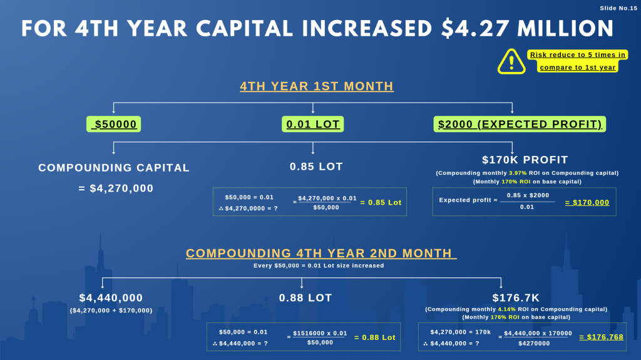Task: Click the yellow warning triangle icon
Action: (x=511, y=61)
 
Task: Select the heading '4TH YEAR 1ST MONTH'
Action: (x=317, y=86)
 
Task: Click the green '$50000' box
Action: (x=113, y=124)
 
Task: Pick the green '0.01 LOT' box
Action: (x=313, y=124)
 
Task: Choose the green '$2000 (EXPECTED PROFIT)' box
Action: (x=520, y=124)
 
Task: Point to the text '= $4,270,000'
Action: (x=116, y=188)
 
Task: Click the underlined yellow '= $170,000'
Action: (x=587, y=202)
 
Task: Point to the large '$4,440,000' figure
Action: (x=111, y=298)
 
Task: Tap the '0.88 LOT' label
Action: (x=305, y=298)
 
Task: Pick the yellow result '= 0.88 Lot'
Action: (x=375, y=337)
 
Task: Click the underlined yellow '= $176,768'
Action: (x=601, y=337)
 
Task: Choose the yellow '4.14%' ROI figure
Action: (x=506, y=309)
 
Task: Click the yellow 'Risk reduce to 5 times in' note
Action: (x=577, y=55)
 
